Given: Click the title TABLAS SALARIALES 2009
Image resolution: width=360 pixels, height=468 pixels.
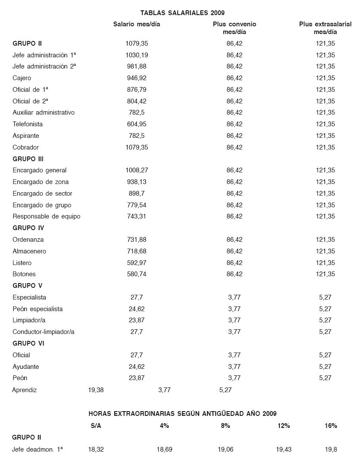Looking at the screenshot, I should (182, 13).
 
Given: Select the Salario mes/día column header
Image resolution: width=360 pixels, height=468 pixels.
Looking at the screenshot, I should (137, 24).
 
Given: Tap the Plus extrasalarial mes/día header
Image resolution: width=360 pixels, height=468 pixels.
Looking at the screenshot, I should (325, 28).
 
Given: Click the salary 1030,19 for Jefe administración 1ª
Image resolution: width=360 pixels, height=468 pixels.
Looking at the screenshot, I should (137, 55).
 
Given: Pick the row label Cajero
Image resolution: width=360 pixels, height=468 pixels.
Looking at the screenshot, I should (22, 78).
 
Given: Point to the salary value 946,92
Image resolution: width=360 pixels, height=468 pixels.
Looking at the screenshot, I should (137, 78).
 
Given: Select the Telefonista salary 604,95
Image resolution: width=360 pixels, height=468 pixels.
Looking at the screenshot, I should (137, 124).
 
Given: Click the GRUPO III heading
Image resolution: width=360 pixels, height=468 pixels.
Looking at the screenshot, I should (28, 159).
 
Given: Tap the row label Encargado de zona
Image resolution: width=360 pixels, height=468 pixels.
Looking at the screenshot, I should (41, 182).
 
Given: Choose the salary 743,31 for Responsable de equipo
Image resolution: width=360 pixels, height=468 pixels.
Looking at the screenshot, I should (137, 216).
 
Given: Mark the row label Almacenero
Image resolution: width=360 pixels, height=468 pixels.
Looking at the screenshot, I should (29, 251).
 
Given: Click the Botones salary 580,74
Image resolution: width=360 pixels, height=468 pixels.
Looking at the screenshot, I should (137, 274).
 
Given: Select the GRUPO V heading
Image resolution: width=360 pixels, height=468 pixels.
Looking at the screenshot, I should (27, 286).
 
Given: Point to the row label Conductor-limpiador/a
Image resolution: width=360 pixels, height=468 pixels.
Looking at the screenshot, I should (44, 332).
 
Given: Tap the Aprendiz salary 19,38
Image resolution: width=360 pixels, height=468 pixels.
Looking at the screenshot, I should (96, 390).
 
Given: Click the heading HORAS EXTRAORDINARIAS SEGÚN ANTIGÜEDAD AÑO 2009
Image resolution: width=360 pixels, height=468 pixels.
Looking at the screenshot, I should (182, 414).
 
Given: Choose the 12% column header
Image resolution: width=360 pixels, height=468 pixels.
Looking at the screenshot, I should (284, 426).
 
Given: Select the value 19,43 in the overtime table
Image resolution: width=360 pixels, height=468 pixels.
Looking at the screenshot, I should (284, 449).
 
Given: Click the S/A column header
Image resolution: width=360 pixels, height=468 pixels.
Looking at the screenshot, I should (96, 426).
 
